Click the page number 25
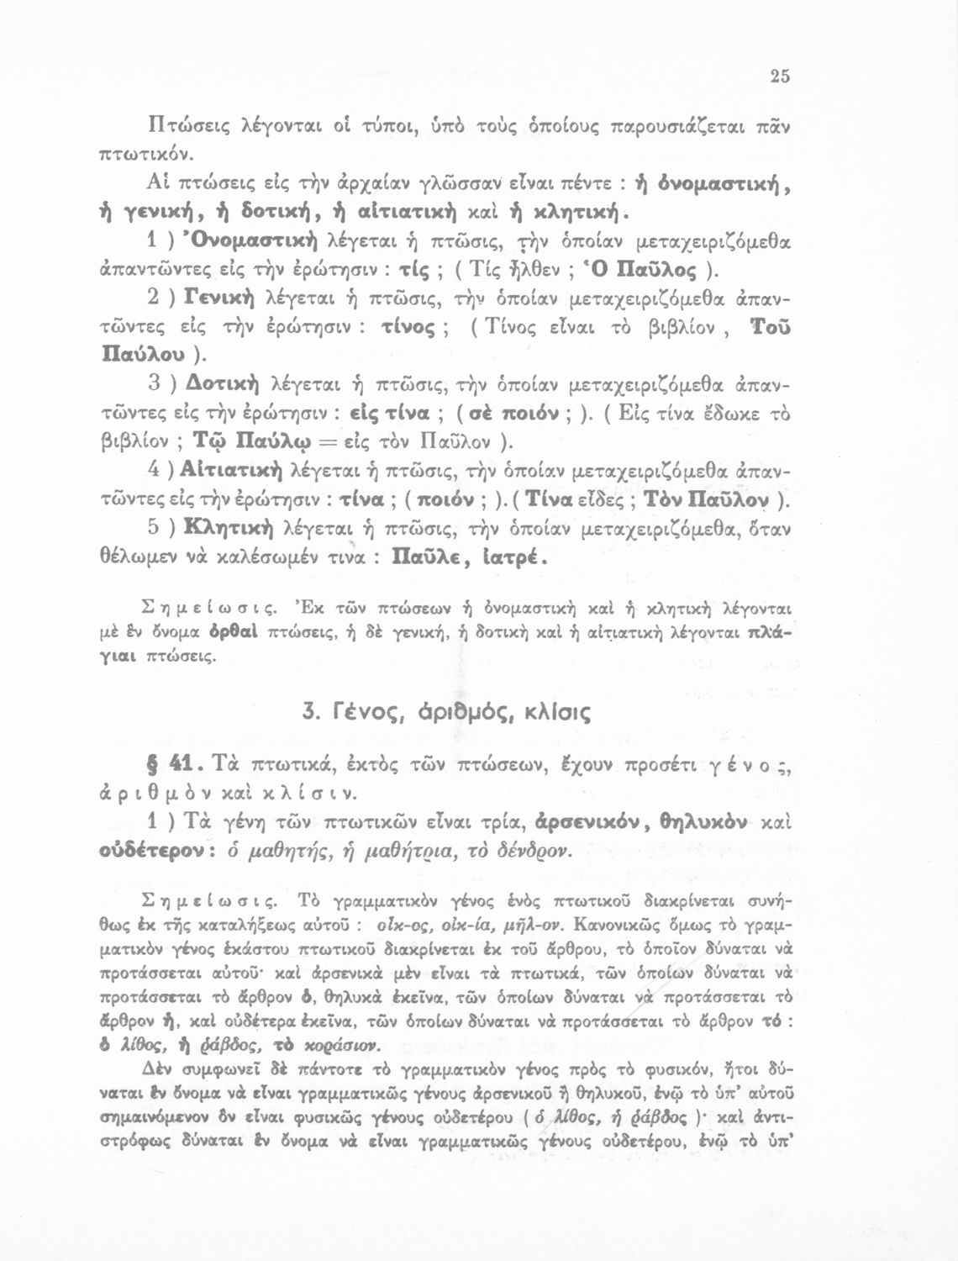tap(779, 77)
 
